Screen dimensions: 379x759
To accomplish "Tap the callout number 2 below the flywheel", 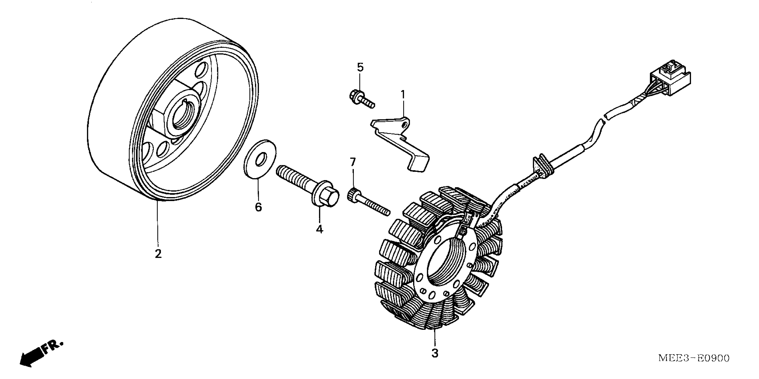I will pyautogui.click(x=158, y=253).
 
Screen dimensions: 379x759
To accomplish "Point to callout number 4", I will pyautogui.click(x=319, y=229).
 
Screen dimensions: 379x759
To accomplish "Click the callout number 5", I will pyautogui.click(x=360, y=67).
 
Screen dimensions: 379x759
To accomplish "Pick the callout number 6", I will pyautogui.click(x=258, y=207).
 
